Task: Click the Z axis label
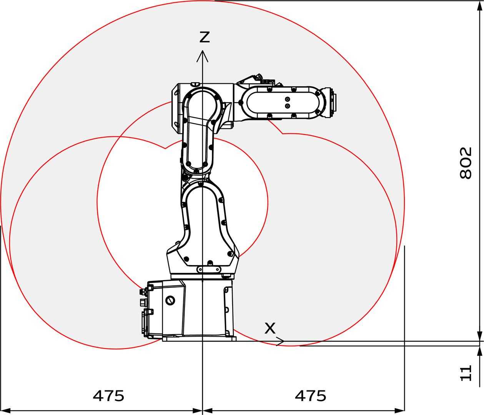(x=204, y=37)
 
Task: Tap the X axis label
(x=270, y=328)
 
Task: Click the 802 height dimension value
(x=466, y=163)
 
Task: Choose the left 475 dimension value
(x=108, y=395)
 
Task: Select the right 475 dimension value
(x=310, y=395)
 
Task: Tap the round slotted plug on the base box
(x=170, y=300)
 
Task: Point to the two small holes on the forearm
(x=287, y=102)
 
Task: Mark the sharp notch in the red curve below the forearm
(x=283, y=134)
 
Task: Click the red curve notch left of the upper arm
(x=165, y=148)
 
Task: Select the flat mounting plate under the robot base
(x=199, y=339)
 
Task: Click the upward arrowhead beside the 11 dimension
(x=479, y=351)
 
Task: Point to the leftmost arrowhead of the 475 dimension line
(x=5, y=410)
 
